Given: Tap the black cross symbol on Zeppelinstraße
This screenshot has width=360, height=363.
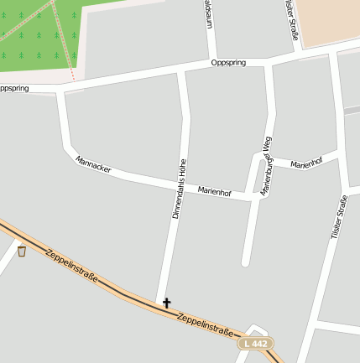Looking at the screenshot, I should point(166,303).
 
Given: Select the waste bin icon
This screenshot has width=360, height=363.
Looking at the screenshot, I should point(21,251).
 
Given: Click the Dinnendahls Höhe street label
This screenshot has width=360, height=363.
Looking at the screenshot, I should point(179,189).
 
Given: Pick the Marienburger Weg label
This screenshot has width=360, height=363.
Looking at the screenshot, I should point(268,168).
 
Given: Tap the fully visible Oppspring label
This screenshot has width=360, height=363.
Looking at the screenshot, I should point(228,63).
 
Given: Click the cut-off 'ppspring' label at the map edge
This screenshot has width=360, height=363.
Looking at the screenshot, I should point(14,88).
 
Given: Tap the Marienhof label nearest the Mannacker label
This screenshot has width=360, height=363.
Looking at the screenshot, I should point(214,192).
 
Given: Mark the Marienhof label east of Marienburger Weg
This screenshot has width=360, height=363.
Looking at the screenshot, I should point(306,163).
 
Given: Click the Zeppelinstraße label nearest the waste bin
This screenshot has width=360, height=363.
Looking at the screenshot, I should point(72,267).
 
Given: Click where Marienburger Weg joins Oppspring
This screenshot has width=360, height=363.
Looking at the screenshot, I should point(269,63).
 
